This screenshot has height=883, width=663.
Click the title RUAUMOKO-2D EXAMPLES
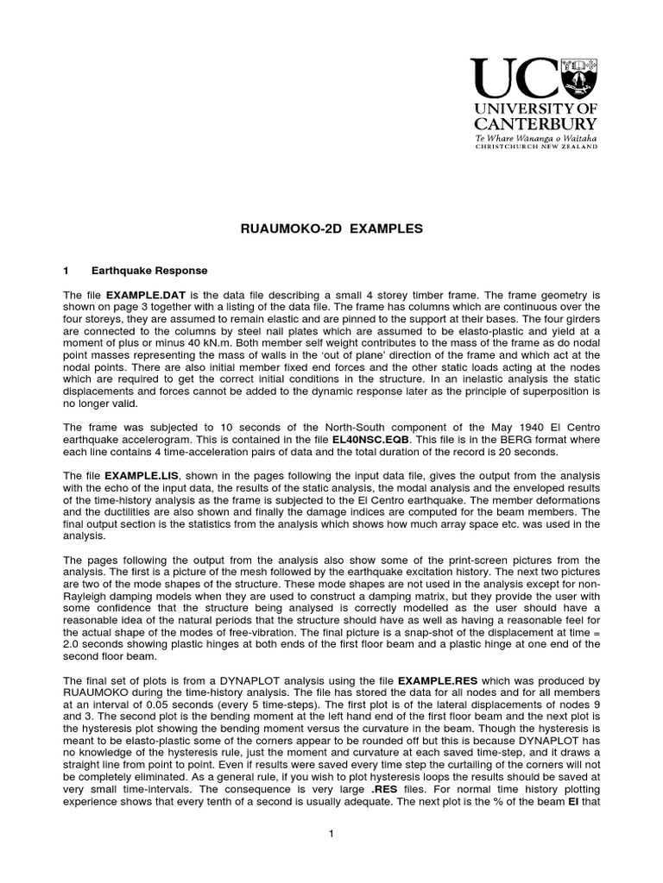(x=331, y=229)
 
